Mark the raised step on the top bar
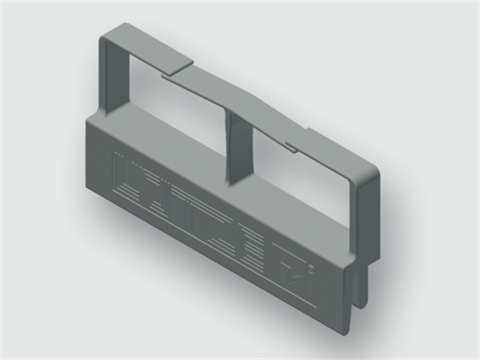[x=178, y=67]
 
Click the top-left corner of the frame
[x=108, y=38]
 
